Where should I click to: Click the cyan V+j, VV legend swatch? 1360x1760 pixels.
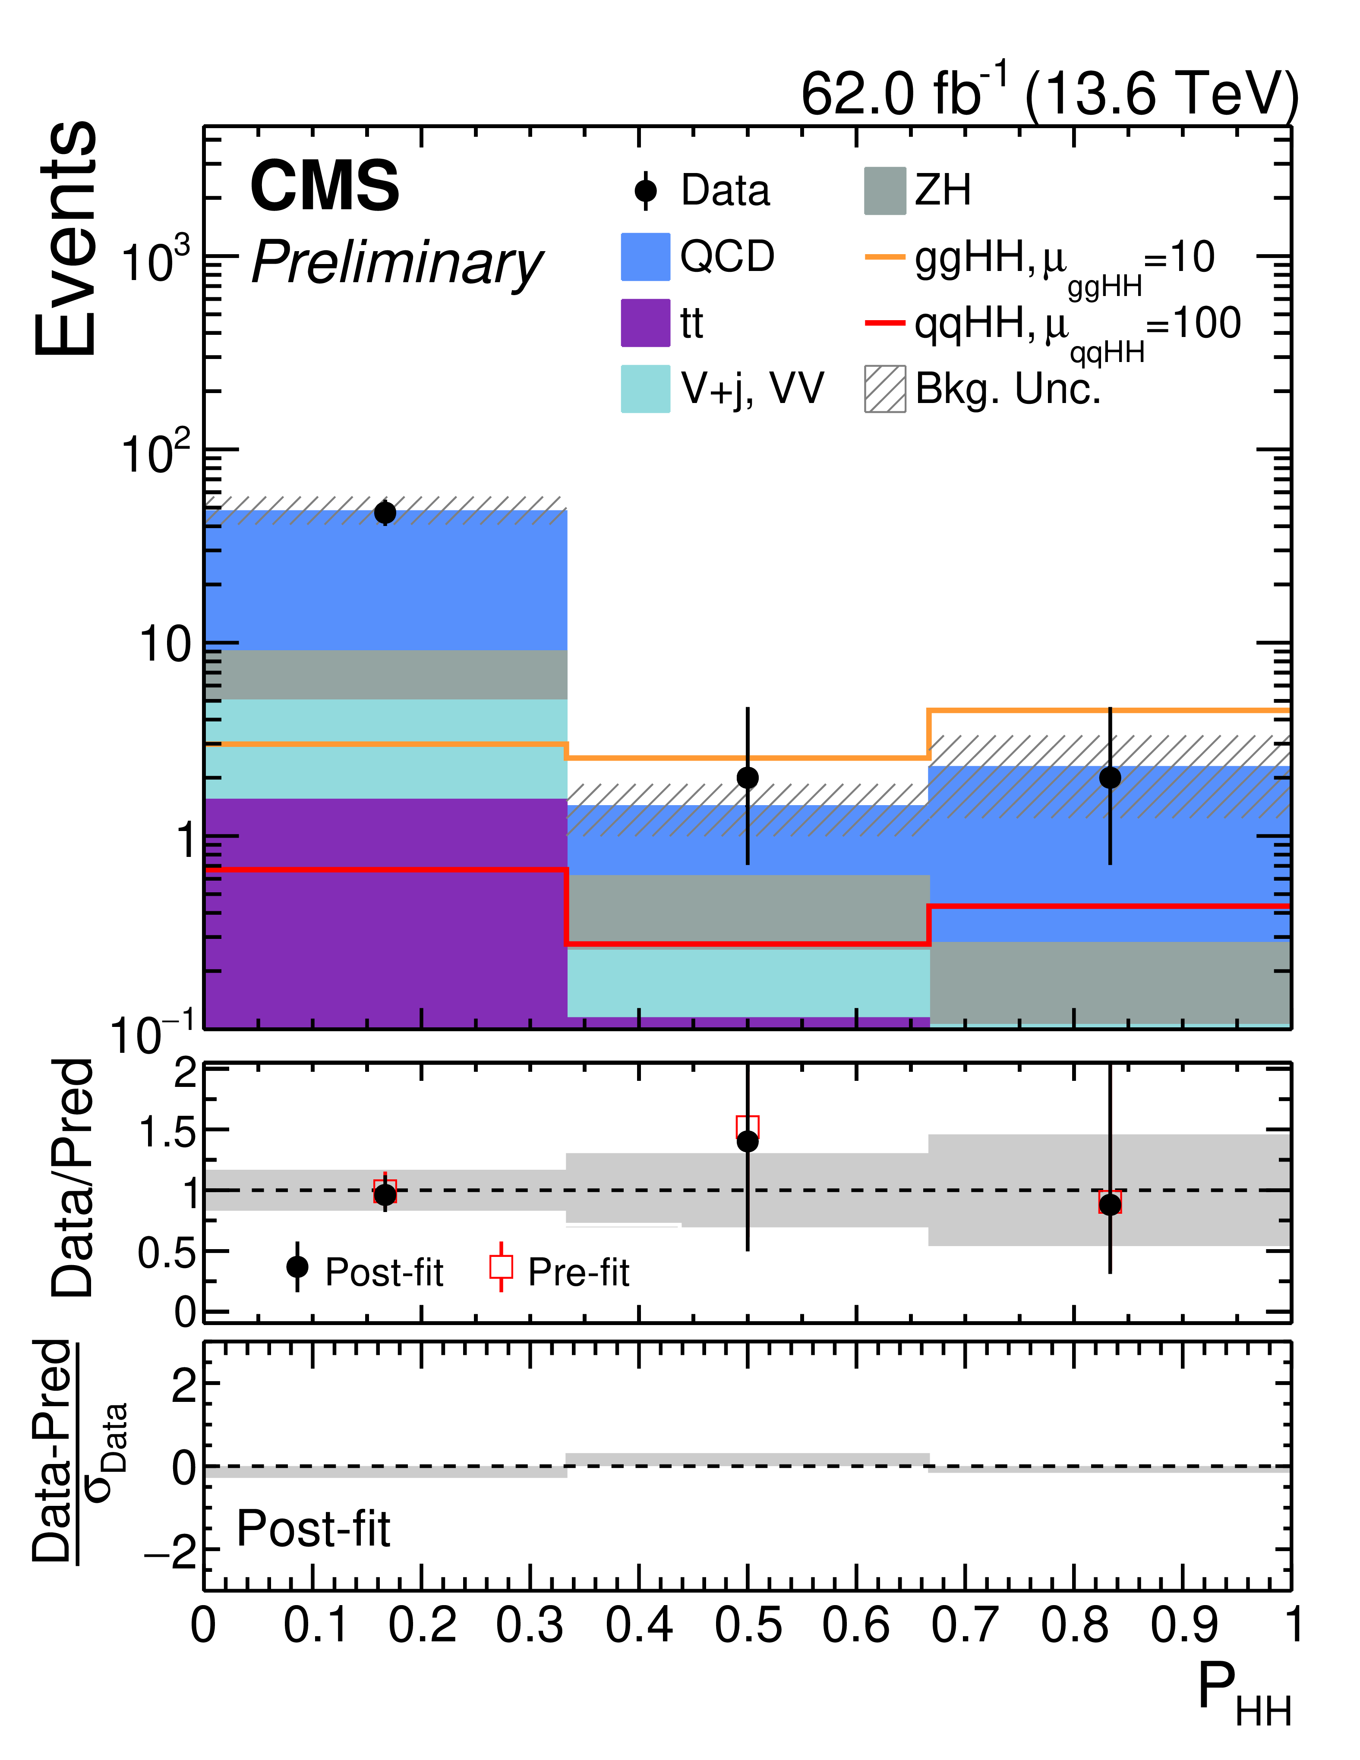[645, 389]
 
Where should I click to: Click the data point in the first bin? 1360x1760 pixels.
[385, 513]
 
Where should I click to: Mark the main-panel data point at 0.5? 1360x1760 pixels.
[747, 778]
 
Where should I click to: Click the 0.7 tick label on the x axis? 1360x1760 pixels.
[964, 1625]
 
